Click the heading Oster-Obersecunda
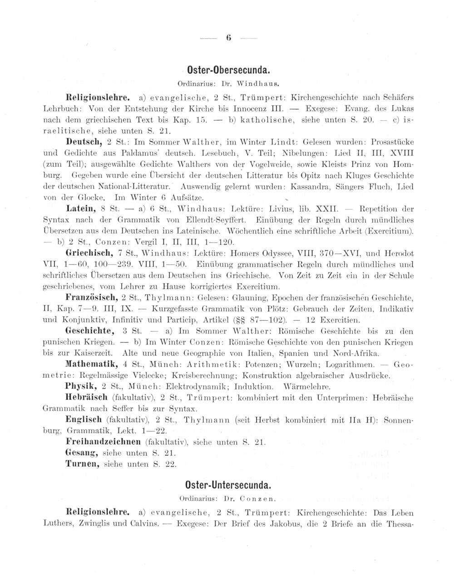pos(229,71)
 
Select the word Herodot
pos(396,253)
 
